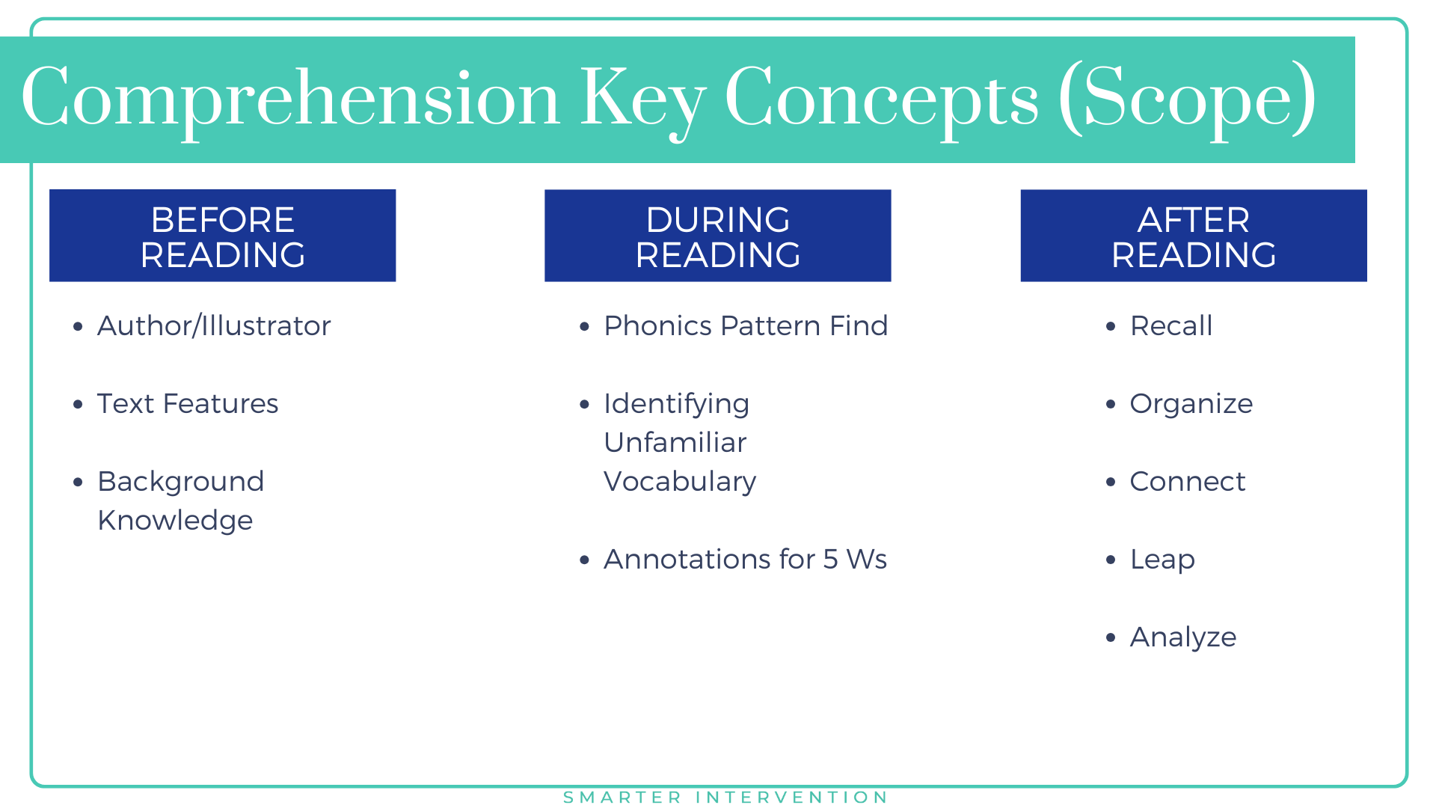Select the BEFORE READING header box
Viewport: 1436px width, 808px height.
222,236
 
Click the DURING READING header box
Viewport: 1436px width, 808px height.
717,236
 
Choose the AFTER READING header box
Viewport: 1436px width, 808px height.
1194,236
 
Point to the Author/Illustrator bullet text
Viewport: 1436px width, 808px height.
214,326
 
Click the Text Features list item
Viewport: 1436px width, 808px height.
188,404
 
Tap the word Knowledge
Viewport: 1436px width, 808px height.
175,521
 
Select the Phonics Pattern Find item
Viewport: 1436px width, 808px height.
746,326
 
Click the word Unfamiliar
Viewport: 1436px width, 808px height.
675,443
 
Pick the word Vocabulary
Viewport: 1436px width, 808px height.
680,482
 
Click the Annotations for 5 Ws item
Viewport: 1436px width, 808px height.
745,560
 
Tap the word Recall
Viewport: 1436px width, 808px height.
1171,326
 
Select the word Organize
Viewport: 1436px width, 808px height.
1191,404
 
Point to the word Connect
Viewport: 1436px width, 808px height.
1187,482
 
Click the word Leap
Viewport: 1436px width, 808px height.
1162,560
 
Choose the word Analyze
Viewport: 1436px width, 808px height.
1182,637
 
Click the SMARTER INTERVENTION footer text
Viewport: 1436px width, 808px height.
725,798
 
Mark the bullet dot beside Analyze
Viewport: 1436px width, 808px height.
1111,637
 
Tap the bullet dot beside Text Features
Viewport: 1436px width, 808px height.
79,404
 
